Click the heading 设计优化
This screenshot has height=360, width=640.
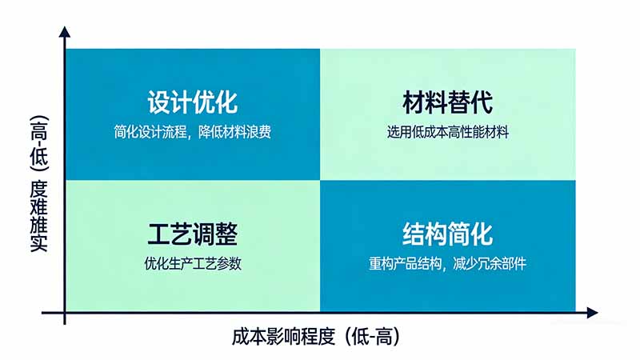[192, 103]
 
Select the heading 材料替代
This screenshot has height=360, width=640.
[447, 103]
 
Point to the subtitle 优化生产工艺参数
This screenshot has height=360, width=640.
[192, 263]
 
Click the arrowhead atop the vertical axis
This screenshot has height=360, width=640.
[65, 34]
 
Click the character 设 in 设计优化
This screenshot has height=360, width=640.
[158, 103]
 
